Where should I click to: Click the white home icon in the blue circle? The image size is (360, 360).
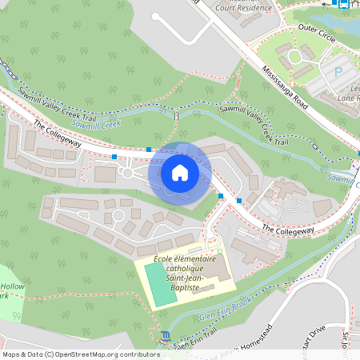(x=180, y=173)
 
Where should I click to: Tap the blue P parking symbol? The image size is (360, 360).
(x=338, y=71)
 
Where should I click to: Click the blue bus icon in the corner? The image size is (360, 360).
(x=344, y=4)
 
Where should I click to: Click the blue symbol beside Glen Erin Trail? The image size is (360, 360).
(x=165, y=334)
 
